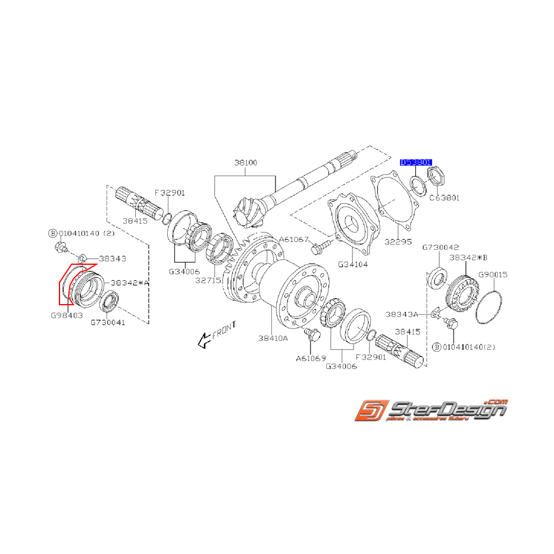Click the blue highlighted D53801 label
[x=417, y=162]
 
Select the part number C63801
[x=445, y=198]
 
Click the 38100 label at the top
[x=245, y=162]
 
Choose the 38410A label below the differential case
[x=273, y=338]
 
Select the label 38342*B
[x=468, y=258]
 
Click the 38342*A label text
[x=129, y=283]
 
